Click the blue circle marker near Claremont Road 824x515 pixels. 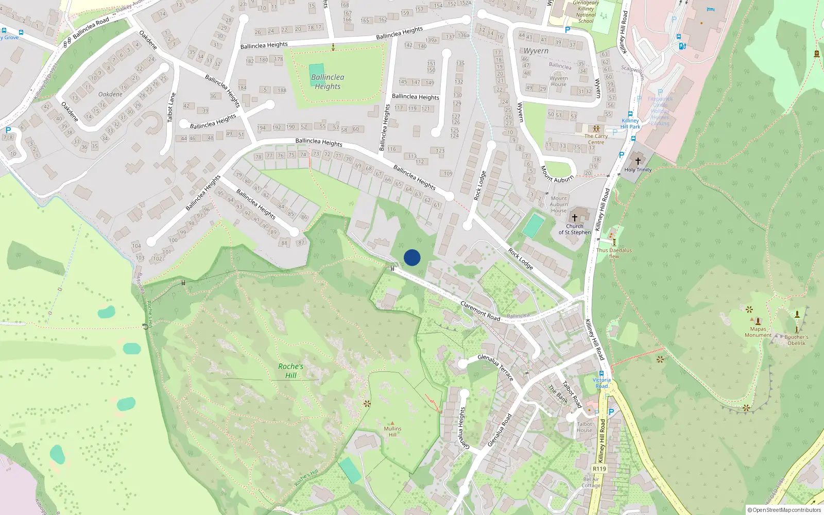(x=412, y=257)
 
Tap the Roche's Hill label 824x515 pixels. (x=290, y=371)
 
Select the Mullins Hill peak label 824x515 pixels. (x=392, y=431)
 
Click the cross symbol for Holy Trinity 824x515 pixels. (x=638, y=161)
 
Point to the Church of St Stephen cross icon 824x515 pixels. (x=575, y=218)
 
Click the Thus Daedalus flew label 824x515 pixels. (x=614, y=253)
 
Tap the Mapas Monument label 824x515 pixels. (x=758, y=332)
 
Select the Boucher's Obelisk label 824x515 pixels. (x=796, y=340)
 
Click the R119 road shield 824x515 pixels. (x=599, y=469)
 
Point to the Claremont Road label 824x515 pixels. (x=480, y=311)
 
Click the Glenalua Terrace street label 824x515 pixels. (x=495, y=367)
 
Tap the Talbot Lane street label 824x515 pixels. (x=171, y=107)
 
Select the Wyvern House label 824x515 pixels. (x=559, y=81)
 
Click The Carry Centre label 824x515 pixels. (x=596, y=139)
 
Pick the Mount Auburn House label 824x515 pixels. (x=559, y=204)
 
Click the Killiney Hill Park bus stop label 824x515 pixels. (x=630, y=124)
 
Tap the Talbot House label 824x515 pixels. (x=585, y=427)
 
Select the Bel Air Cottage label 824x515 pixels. (x=591, y=482)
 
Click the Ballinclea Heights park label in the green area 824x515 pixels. (x=328, y=82)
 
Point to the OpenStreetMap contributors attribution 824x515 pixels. (x=784, y=510)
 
